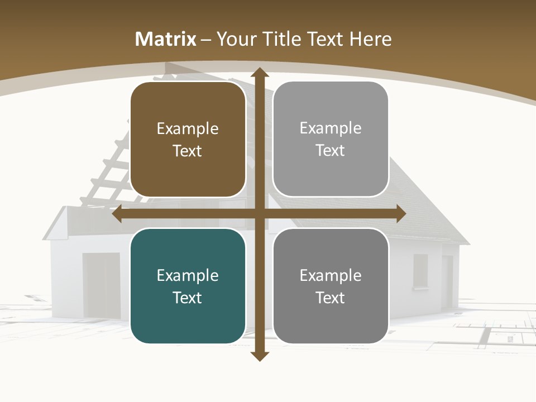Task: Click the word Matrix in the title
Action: pos(166,39)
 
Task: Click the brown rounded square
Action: pos(188,140)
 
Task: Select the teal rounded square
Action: pos(188,286)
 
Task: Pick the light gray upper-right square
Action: pos(331,139)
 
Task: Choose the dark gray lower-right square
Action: pos(331,286)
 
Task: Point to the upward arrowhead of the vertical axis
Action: pos(260,73)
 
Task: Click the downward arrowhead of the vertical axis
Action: pos(260,356)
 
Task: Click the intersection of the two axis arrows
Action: pos(260,214)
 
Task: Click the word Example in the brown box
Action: pos(188,129)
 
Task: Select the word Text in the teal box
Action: pos(188,298)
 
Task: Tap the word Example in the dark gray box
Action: pos(331,275)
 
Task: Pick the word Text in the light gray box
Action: pos(331,150)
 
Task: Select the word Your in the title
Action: pos(235,39)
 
